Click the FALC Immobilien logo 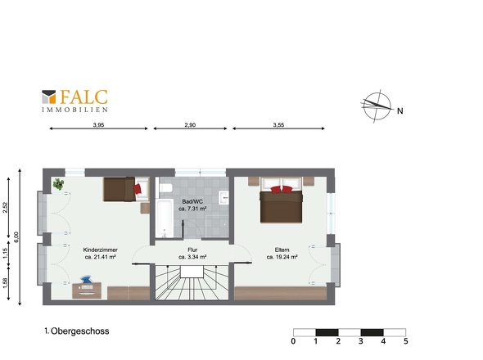tap(74, 101)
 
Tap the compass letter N tap(399, 111)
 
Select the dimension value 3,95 tap(98, 125)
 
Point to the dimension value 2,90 tap(190, 125)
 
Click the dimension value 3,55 tap(278, 125)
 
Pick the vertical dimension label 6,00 tap(16, 236)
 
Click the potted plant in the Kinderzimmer tap(58, 184)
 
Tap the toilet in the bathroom tap(165, 187)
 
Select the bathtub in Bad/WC tap(165, 218)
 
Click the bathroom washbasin tap(224, 197)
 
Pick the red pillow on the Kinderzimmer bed tap(138, 188)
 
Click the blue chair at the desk tap(87, 280)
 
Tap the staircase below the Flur tap(192, 282)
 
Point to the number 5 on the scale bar tap(406, 341)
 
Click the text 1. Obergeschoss tap(77, 331)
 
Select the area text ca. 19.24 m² tap(282, 257)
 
